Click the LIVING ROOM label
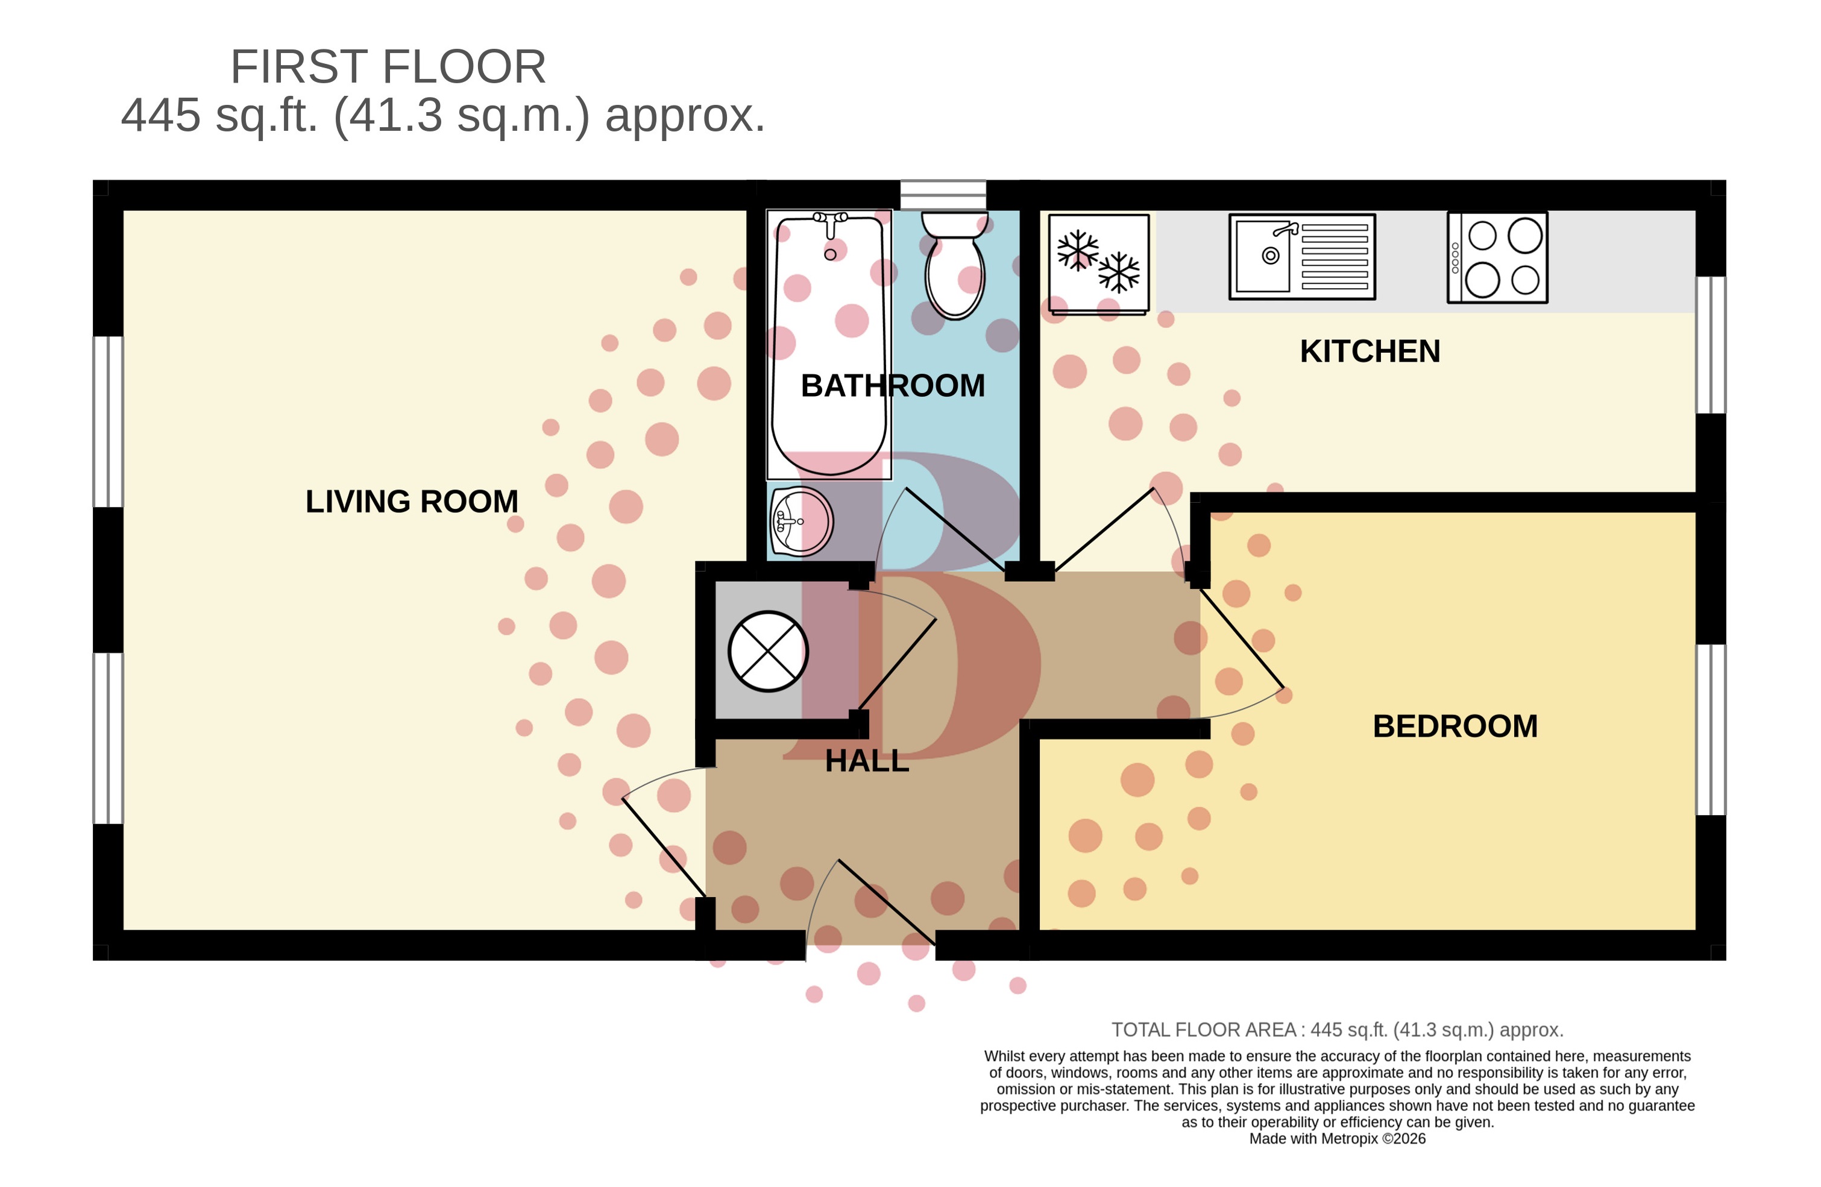412,502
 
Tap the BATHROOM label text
892,386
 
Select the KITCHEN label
1370,351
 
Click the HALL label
867,761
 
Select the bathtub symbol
829,344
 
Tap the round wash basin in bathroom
800,522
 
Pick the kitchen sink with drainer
1301,256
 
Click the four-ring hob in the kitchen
1497,258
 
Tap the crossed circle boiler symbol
767,651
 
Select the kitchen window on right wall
1711,344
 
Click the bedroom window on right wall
1711,729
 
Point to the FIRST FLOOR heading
388,66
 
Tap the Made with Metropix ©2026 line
1337,1139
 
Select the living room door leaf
664,847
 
